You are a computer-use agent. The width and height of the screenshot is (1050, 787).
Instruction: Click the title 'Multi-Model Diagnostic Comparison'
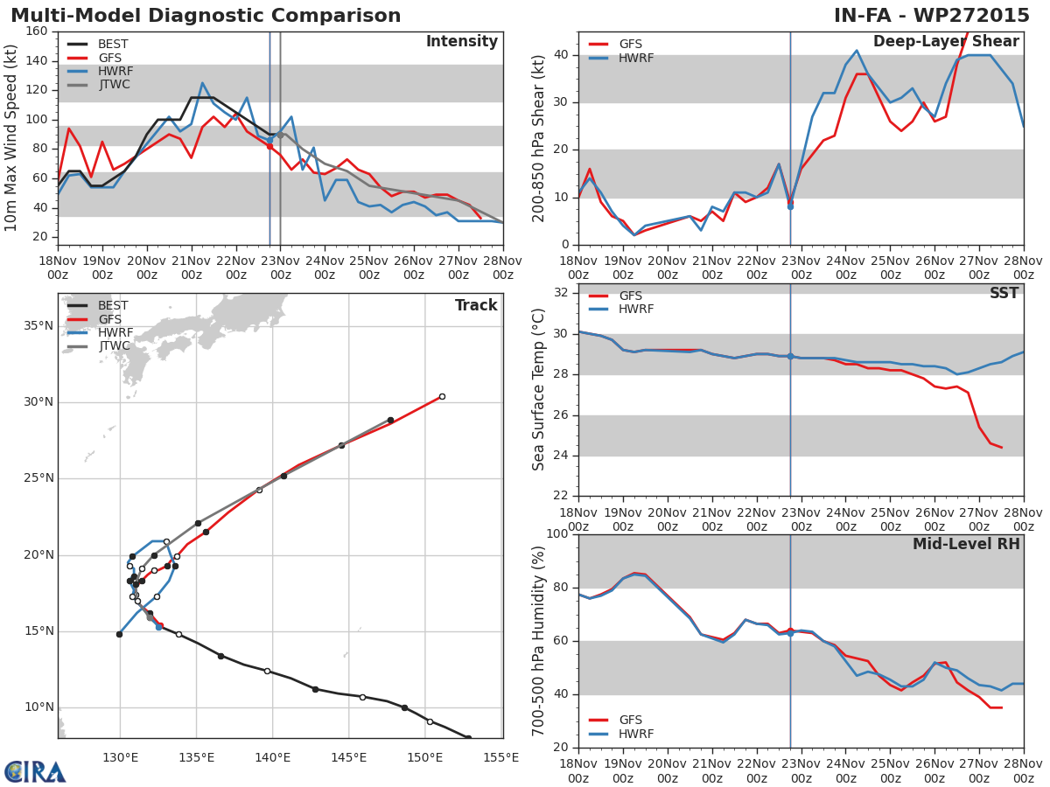206,16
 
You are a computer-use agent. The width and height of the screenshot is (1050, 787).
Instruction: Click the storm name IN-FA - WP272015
932,16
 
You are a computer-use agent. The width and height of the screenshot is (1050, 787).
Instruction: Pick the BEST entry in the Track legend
113,306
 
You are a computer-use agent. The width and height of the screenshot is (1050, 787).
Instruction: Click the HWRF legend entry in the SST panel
635,310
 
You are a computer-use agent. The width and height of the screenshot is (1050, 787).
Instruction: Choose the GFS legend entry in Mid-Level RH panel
630,721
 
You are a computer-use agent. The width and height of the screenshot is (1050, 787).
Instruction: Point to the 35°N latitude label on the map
38,326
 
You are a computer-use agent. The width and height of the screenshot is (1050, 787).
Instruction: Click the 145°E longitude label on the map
348,757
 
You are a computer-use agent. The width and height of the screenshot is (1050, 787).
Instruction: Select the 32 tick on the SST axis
558,293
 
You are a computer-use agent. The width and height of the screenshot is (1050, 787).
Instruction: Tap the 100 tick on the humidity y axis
556,534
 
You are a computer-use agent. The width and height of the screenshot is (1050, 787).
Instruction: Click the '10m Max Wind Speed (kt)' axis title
12,138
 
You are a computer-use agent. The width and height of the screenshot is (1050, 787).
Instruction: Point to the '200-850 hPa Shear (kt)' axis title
539,138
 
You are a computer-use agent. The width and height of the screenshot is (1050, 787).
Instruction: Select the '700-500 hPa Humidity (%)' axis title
539,640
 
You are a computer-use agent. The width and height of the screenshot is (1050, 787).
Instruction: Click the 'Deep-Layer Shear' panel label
946,42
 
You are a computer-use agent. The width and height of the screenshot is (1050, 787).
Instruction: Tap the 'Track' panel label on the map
476,306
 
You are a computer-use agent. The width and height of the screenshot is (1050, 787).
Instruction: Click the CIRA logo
35,771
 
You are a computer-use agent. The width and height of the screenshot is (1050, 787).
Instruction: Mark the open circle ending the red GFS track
442,396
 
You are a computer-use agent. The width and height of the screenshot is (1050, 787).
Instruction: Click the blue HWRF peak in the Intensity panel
202,83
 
